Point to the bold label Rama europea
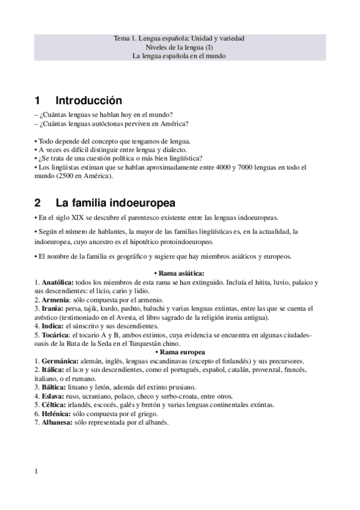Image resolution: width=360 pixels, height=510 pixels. (x=180, y=351)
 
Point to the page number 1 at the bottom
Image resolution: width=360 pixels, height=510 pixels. (x=37, y=472)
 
